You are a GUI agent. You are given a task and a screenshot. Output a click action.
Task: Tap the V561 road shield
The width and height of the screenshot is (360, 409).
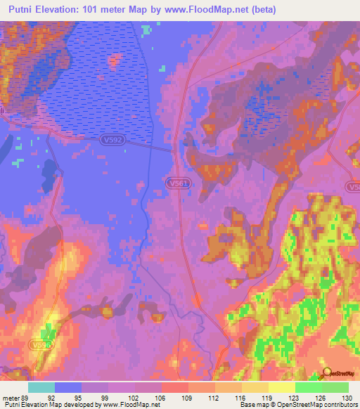pyautogui.click(x=179, y=183)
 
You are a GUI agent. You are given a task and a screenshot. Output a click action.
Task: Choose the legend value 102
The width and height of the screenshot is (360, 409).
pyautogui.click(x=134, y=397)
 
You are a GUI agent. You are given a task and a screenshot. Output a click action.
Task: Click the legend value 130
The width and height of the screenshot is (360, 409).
pyautogui.click(x=343, y=397)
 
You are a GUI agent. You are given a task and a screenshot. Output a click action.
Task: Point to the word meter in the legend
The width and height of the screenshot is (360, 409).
pyautogui.click(x=12, y=397)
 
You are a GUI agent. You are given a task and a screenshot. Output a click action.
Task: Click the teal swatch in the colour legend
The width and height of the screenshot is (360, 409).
pyautogui.click(x=41, y=387)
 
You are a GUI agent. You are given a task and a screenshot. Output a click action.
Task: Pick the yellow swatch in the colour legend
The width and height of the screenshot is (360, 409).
pyautogui.click(x=282, y=387)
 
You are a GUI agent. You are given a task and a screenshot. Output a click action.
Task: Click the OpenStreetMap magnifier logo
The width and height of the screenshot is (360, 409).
pyautogui.click(x=326, y=372)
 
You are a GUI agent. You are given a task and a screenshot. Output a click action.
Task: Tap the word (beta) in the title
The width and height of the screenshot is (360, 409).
pyautogui.click(x=261, y=10)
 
